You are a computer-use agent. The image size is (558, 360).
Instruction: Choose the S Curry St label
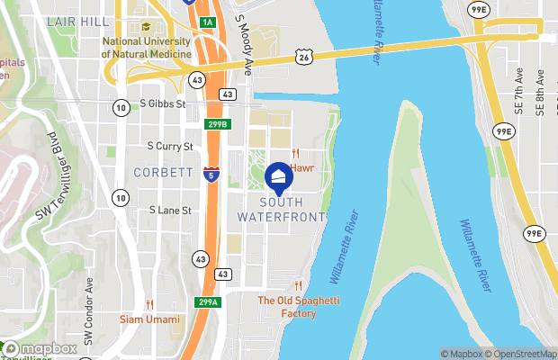click(170, 146)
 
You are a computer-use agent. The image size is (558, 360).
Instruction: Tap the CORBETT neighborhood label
click(163, 171)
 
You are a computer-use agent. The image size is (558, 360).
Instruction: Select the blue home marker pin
click(279, 175)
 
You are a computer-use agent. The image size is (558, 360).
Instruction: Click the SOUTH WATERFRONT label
click(280, 209)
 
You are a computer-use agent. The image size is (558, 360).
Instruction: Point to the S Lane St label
click(171, 211)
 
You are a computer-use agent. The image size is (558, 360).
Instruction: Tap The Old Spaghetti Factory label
click(287, 307)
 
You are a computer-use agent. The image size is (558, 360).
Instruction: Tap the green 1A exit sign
click(208, 22)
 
